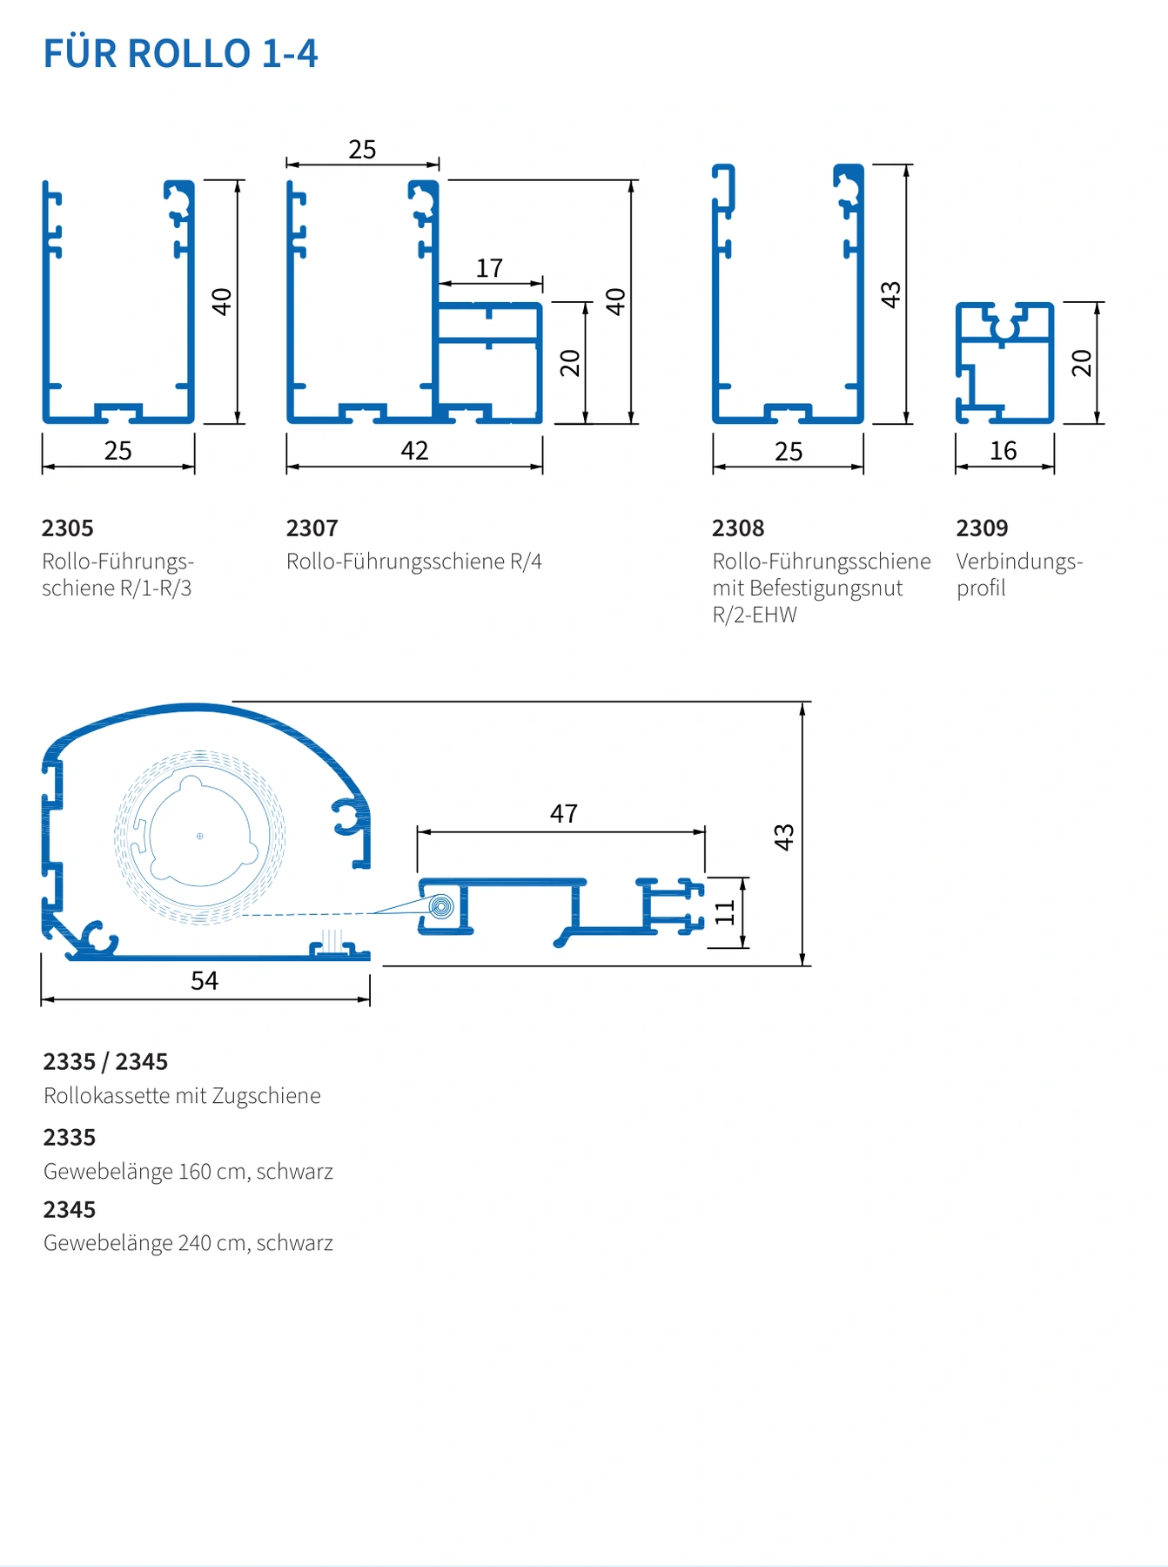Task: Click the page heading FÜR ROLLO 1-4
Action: pyautogui.click(x=181, y=54)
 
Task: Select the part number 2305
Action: pyautogui.click(x=68, y=528)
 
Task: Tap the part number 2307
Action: pyautogui.click(x=312, y=528)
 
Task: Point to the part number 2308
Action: pyautogui.click(x=738, y=528)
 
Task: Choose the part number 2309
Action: pyautogui.click(x=983, y=528)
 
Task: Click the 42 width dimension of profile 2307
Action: pyautogui.click(x=414, y=451)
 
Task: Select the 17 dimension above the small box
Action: pyautogui.click(x=490, y=268)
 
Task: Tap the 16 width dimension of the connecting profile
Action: pyautogui.click(x=1004, y=451)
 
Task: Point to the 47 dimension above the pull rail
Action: pyautogui.click(x=564, y=814)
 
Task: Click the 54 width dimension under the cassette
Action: pyautogui.click(x=205, y=981)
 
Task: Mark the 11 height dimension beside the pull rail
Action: pyautogui.click(x=725, y=912)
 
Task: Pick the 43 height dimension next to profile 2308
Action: pyautogui.click(x=890, y=294)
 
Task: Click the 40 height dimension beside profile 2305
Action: pyautogui.click(x=222, y=302)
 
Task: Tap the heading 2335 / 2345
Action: pyautogui.click(x=105, y=1062)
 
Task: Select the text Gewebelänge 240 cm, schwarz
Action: pyautogui.click(x=188, y=1243)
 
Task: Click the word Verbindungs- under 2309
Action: pyautogui.click(x=1019, y=562)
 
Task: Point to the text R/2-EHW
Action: pyautogui.click(x=755, y=615)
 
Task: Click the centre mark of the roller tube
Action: pyautogui.click(x=200, y=837)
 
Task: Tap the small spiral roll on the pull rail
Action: pyautogui.click(x=442, y=907)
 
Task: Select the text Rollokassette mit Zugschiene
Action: pyautogui.click(x=182, y=1096)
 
